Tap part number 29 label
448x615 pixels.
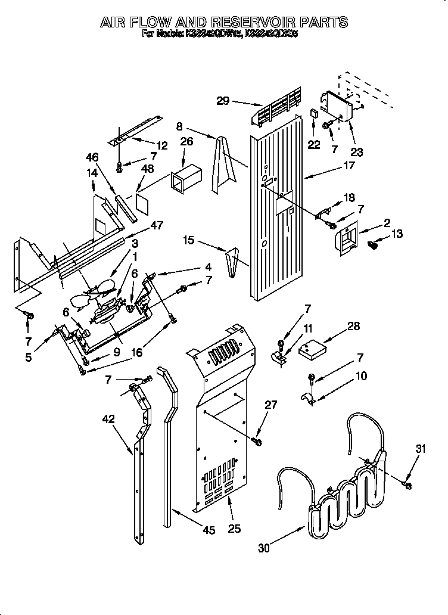[222, 101]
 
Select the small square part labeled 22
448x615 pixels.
[314, 113]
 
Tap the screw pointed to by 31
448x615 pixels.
[408, 486]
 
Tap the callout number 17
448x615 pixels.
[349, 166]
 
